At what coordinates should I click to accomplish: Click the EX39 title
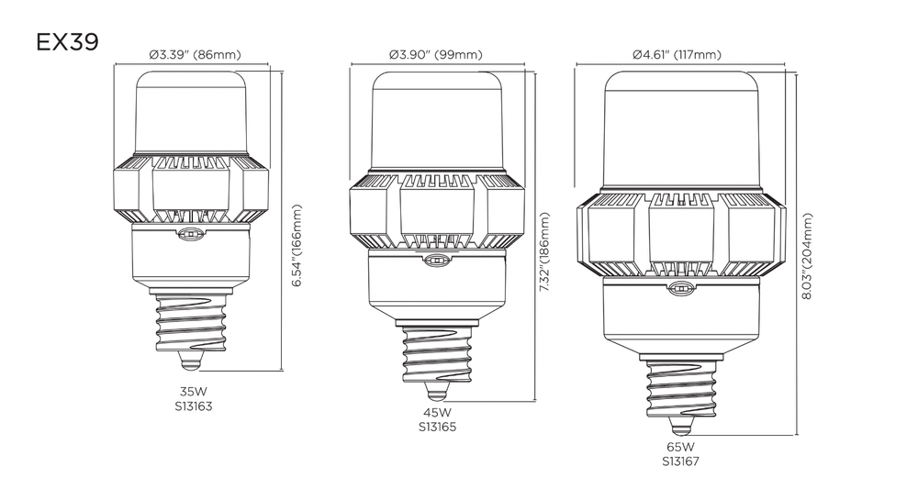pos(67,43)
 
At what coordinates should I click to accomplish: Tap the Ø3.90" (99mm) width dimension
pos(435,55)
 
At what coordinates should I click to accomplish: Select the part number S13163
pos(193,405)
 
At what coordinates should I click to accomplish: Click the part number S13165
pos(437,427)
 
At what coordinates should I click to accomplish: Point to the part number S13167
pos(679,462)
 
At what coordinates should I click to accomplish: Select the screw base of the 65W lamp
pos(680,385)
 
